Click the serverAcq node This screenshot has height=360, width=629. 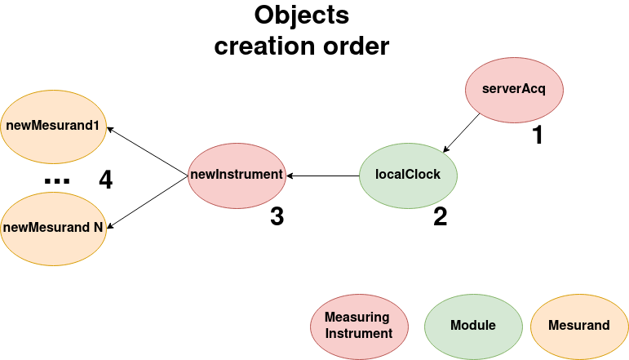click(x=514, y=88)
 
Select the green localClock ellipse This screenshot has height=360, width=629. click(x=408, y=174)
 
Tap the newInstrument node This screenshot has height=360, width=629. click(x=237, y=174)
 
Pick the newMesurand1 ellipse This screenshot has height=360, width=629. click(x=52, y=126)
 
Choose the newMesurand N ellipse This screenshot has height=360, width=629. click(x=52, y=228)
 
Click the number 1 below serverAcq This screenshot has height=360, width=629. click(x=536, y=136)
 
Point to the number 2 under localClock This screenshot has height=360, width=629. click(x=440, y=217)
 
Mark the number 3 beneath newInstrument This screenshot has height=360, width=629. click(x=277, y=217)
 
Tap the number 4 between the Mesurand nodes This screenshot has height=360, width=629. click(x=105, y=180)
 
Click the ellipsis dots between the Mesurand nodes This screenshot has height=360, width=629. click(x=57, y=181)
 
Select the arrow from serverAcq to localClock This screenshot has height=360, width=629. click(x=462, y=133)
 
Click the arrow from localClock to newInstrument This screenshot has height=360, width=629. click(x=323, y=175)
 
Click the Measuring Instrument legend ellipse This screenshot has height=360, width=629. click(x=358, y=325)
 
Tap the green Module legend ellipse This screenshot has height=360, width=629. click(x=473, y=325)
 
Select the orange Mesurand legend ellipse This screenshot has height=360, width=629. click(x=579, y=325)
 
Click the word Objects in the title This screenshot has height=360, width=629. click(x=301, y=16)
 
